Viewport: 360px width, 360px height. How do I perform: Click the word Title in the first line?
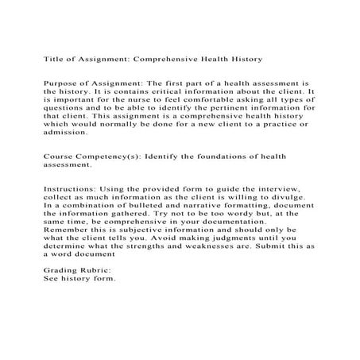tap(52, 59)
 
